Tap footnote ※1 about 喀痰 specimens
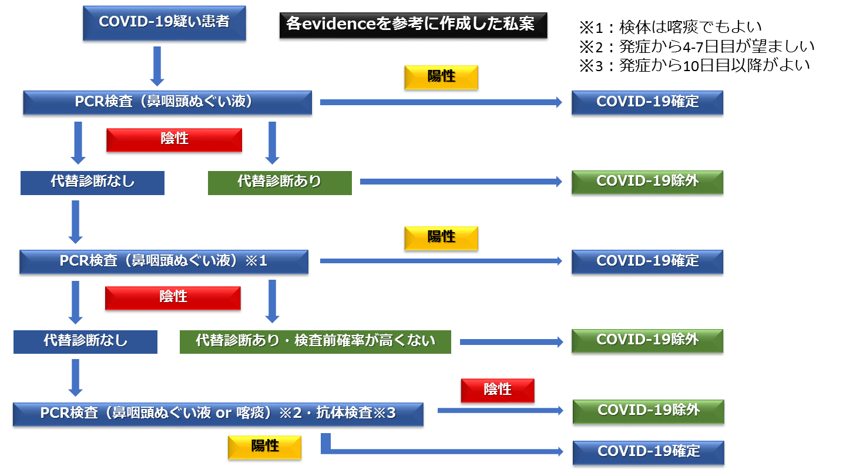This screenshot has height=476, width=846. click(x=670, y=26)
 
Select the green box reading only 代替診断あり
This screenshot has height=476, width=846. click(x=280, y=182)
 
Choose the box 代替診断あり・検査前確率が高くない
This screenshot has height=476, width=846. click(x=315, y=341)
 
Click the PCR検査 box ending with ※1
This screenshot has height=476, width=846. click(x=164, y=262)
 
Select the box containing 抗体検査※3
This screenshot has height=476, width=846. click(x=218, y=414)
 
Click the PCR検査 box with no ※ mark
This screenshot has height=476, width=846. click(x=167, y=102)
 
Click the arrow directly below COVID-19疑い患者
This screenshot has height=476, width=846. click(x=156, y=66)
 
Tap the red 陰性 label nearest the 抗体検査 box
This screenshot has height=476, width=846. click(x=498, y=390)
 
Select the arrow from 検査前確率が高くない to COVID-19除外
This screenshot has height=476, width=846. click(x=511, y=341)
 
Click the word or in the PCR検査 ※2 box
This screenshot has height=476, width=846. click(x=223, y=414)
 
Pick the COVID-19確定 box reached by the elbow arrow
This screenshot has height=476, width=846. click(x=648, y=452)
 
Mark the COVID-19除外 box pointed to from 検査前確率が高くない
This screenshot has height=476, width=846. click(x=647, y=340)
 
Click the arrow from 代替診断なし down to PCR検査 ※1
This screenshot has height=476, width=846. click(x=76, y=221)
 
